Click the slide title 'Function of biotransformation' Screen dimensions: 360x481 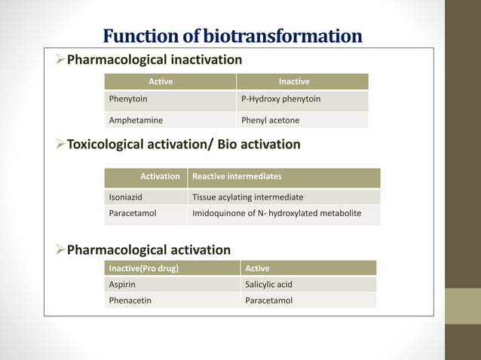coord(232,35)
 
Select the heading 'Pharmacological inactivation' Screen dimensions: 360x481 coord(155,59)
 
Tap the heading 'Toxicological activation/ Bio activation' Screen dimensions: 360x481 coord(184,144)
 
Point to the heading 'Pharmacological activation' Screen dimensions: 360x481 coord(149,250)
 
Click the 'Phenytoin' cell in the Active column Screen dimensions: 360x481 coord(128,99)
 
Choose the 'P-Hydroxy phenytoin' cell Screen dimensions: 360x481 coord(280,99)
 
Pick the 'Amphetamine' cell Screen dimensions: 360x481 coord(136,120)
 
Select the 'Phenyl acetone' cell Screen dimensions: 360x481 coord(270,120)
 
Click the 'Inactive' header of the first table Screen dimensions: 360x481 coord(294,81)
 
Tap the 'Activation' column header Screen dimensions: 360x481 coord(160,176)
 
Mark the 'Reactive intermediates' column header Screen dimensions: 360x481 coord(237,176)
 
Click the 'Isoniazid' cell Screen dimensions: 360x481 coord(127,197)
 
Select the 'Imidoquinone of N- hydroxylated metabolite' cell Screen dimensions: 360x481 coord(277,214)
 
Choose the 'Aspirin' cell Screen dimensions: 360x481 coord(122,285)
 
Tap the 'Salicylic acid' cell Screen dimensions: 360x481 coord(268,285)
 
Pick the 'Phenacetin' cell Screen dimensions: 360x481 coord(130,301)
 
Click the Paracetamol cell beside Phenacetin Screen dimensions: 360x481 coord(268,301)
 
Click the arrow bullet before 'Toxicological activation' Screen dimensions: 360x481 coord(61,144)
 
